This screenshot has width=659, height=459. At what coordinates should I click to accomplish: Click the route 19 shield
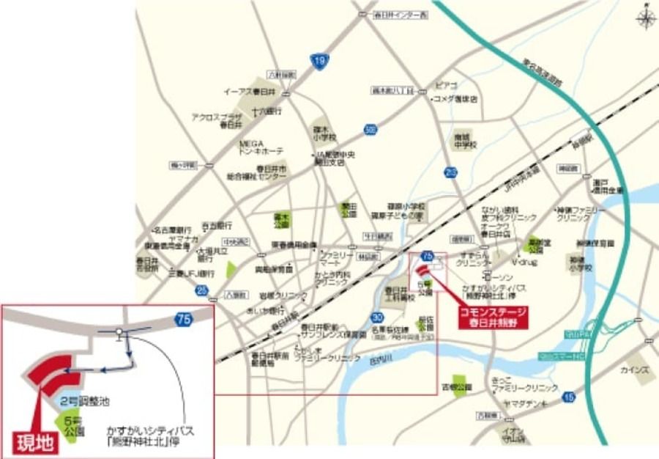click(x=317, y=63)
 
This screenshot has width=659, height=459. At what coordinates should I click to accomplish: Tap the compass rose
click(x=646, y=18)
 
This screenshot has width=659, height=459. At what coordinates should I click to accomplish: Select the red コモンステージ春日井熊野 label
click(x=492, y=316)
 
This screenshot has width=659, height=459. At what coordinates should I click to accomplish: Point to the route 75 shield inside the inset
click(x=183, y=319)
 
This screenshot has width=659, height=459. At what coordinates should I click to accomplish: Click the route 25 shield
click(x=201, y=290)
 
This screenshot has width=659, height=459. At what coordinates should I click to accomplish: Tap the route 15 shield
click(x=570, y=397)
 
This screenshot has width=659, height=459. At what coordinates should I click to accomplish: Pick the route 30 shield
click(x=377, y=317)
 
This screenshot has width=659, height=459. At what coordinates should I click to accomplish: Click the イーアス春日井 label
click(x=249, y=92)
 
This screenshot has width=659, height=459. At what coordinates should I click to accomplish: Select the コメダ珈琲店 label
click(x=455, y=98)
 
